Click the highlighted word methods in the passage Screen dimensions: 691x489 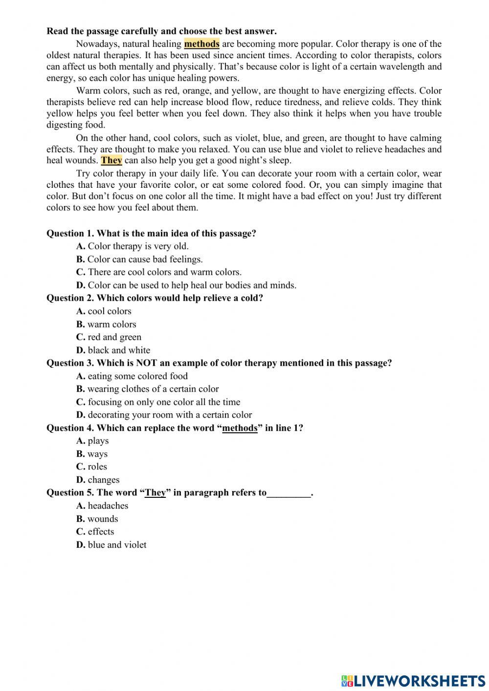pyautogui.click(x=201, y=44)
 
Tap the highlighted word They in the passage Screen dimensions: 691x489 pyautogui.click(x=111, y=160)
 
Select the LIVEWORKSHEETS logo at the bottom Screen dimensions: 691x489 pyautogui.click(x=413, y=680)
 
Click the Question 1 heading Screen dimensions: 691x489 pyautogui.click(x=151, y=233)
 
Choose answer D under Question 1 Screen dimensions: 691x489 pyautogui.click(x=186, y=285)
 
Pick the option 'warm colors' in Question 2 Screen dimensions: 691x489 pyautogui.click(x=106, y=324)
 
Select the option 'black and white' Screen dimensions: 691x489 pyautogui.click(x=113, y=350)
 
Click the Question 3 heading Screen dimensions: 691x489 pyautogui.click(x=219, y=363)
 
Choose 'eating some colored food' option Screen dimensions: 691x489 pyautogui.click(x=132, y=376)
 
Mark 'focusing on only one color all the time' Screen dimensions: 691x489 pyautogui.click(x=158, y=402)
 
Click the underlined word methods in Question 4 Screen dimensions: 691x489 pyautogui.click(x=240, y=428)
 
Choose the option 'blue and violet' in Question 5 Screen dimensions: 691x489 pyautogui.click(x=111, y=545)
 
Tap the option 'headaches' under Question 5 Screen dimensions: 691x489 pyautogui.click(x=102, y=506)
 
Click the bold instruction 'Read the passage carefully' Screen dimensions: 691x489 pyautogui.click(x=161, y=31)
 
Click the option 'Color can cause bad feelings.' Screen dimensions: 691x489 pyautogui.click(x=139, y=259)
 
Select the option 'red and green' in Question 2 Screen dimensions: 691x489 pyautogui.click(x=109, y=337)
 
